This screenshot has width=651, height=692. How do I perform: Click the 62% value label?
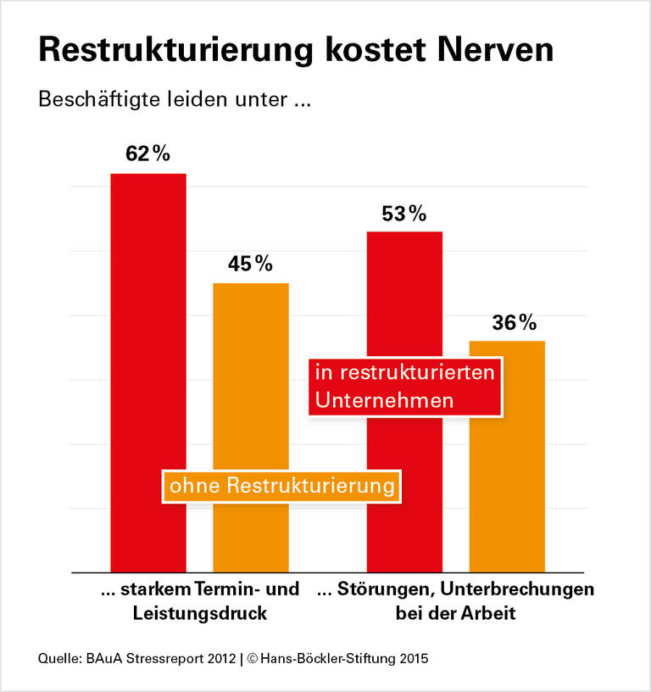tap(148, 154)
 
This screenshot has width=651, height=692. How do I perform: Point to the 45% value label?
tap(250, 264)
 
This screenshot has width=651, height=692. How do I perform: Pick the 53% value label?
tap(404, 214)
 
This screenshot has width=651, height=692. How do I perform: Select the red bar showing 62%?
tap(148, 373)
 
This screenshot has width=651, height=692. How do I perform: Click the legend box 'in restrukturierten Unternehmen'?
tap(405, 386)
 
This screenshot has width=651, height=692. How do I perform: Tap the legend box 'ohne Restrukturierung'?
tap(282, 486)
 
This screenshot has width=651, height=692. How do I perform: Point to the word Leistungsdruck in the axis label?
tap(200, 613)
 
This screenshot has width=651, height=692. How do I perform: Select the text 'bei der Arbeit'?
tap(455, 613)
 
